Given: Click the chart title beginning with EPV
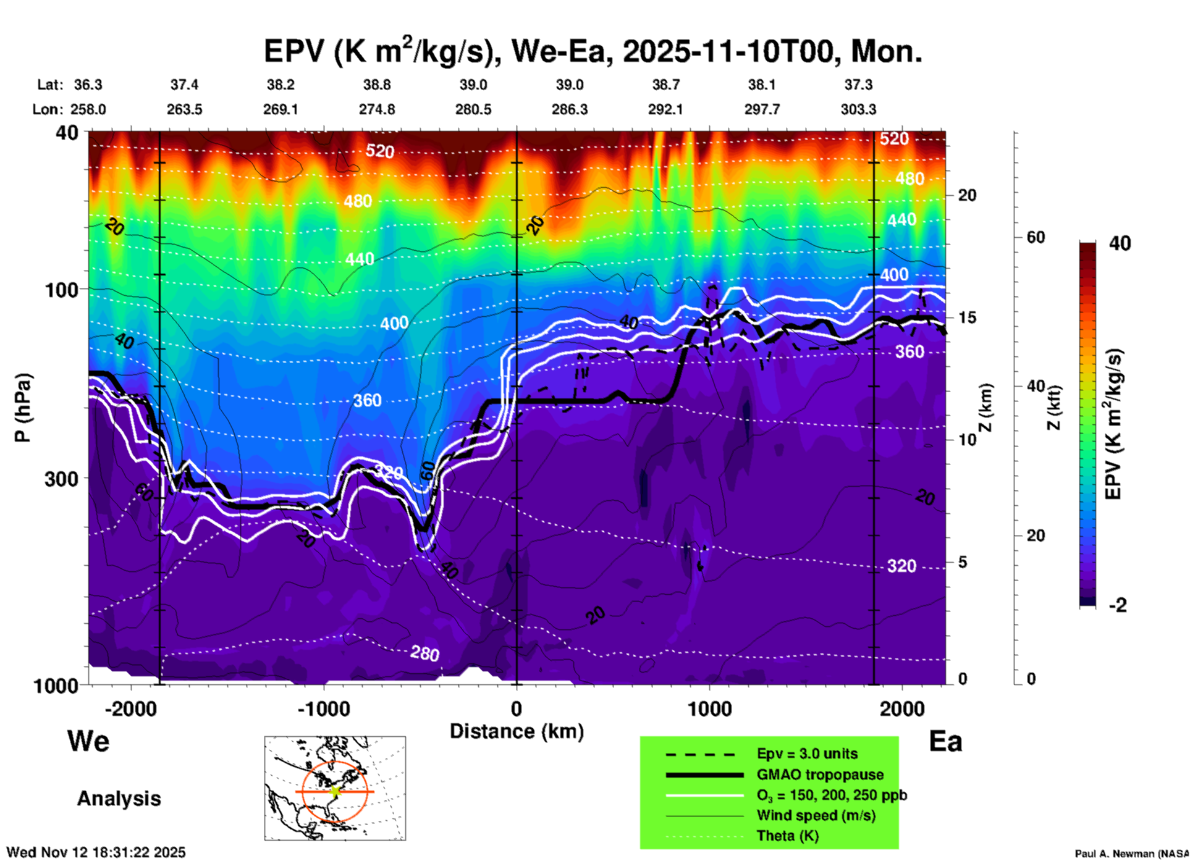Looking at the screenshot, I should click(593, 51).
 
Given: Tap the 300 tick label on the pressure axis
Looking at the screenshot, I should click(61, 479).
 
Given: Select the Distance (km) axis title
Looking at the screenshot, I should click(517, 731).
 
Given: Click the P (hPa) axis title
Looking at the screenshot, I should click(23, 408).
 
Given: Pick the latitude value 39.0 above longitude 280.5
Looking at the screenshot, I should click(473, 85).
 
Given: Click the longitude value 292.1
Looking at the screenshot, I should click(665, 110).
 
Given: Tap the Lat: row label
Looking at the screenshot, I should click(50, 85).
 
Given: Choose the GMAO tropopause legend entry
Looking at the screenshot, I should click(820, 775).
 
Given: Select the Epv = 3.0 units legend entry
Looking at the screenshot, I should click(807, 754).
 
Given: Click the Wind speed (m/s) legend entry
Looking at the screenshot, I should click(816, 815).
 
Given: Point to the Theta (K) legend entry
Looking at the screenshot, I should click(787, 836).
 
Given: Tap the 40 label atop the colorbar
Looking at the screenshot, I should click(1120, 243).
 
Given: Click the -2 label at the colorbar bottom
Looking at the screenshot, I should click(1118, 605).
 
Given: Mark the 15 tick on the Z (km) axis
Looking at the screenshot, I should click(967, 317).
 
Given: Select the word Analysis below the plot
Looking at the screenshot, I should click(119, 799).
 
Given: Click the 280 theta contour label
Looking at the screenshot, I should click(424, 653).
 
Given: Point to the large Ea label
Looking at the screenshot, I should click(945, 742).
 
